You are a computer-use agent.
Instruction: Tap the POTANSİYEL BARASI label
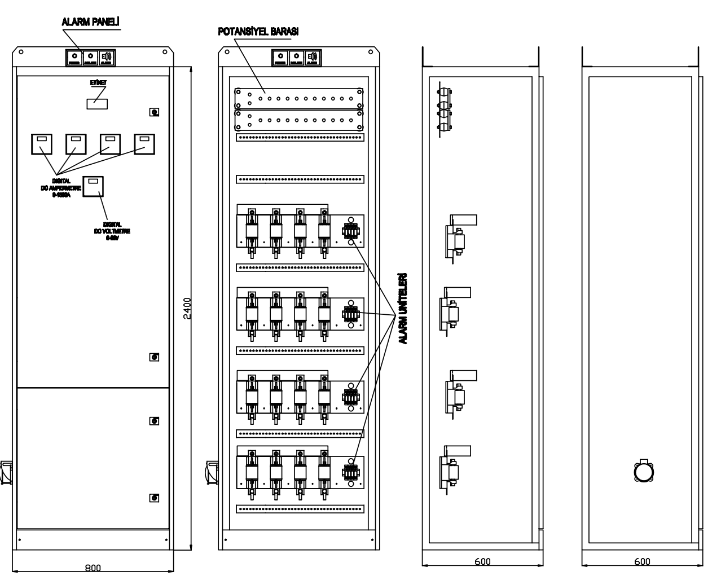pyautogui.click(x=258, y=32)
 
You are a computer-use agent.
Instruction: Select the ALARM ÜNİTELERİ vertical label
pyautogui.click(x=402, y=309)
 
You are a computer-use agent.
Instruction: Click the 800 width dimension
pyautogui.click(x=93, y=568)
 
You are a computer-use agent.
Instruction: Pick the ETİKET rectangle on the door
pyautogui.click(x=97, y=103)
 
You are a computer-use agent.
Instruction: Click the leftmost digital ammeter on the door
pyautogui.click(x=41, y=144)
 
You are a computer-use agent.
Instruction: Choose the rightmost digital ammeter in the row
pyautogui.click(x=144, y=144)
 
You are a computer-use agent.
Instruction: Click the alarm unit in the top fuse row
pyautogui.click(x=350, y=231)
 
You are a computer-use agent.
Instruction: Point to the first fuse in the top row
pyautogui.click(x=252, y=231)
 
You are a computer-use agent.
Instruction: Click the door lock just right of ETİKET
pyautogui.click(x=153, y=112)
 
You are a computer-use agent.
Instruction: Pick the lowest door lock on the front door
pyautogui.click(x=153, y=498)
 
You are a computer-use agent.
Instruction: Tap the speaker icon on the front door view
pyautogui.click(x=107, y=57)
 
